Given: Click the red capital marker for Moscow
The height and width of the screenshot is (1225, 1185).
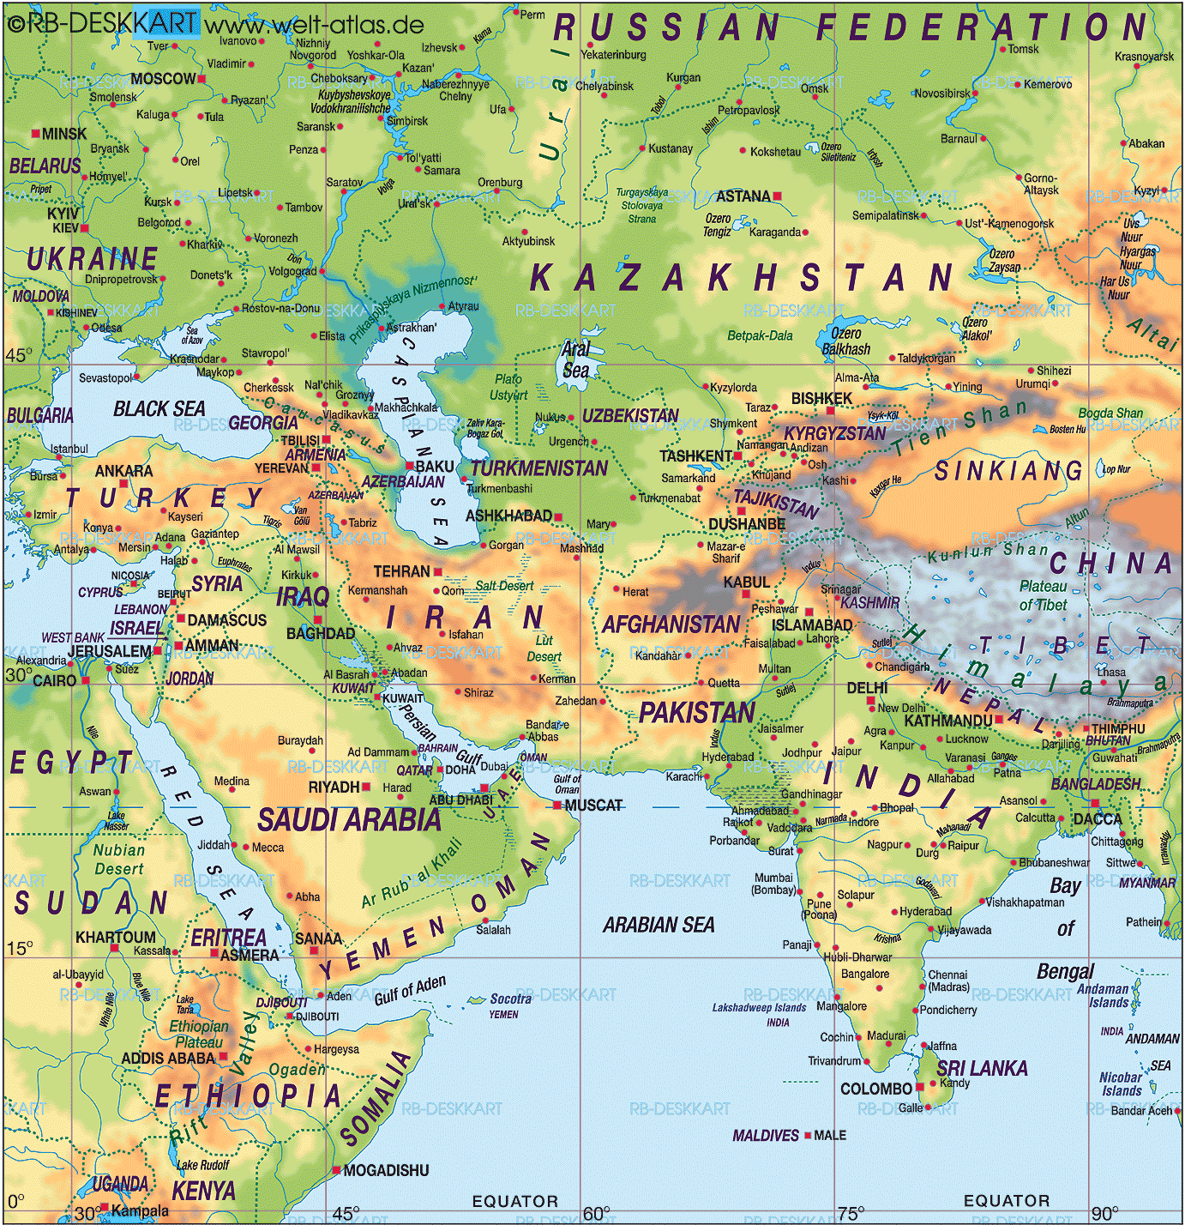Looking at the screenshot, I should tap(202, 79).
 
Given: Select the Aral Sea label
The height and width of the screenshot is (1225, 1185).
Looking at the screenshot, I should tap(575, 359).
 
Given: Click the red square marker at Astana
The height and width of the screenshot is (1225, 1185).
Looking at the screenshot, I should tap(778, 196).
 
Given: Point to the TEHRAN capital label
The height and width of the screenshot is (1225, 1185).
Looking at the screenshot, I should tap(401, 571).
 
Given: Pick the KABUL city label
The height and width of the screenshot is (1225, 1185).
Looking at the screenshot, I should tap(746, 582).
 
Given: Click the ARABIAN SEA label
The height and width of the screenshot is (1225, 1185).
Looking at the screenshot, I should tap(658, 925).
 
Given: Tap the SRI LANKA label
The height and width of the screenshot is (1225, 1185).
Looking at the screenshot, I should tap(982, 1068).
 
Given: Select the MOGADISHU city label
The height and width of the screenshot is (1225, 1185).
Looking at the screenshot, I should tap(386, 1170).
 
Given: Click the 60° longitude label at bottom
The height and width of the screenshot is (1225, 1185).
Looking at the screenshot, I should tap(596, 1213).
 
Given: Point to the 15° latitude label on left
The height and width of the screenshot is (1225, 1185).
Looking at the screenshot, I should tap(20, 948).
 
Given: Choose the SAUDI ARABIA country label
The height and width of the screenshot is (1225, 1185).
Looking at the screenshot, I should tap(349, 820).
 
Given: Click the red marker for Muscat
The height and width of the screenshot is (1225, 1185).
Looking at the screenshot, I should tap(557, 806).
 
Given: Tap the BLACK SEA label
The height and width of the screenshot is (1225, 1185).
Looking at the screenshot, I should tap(159, 408).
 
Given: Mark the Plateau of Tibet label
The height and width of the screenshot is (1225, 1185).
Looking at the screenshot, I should tap(1043, 595).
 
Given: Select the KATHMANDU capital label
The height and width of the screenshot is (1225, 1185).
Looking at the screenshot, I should tap(947, 721).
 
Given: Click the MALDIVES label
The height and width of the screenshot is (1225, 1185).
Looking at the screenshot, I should tap(766, 1135).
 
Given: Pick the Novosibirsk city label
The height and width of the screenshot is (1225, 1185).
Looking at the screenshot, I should tap(942, 94).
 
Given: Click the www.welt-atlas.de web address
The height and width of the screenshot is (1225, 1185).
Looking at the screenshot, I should tap(314, 23).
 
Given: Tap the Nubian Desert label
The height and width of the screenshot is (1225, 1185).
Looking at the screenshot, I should tap(119, 859).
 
